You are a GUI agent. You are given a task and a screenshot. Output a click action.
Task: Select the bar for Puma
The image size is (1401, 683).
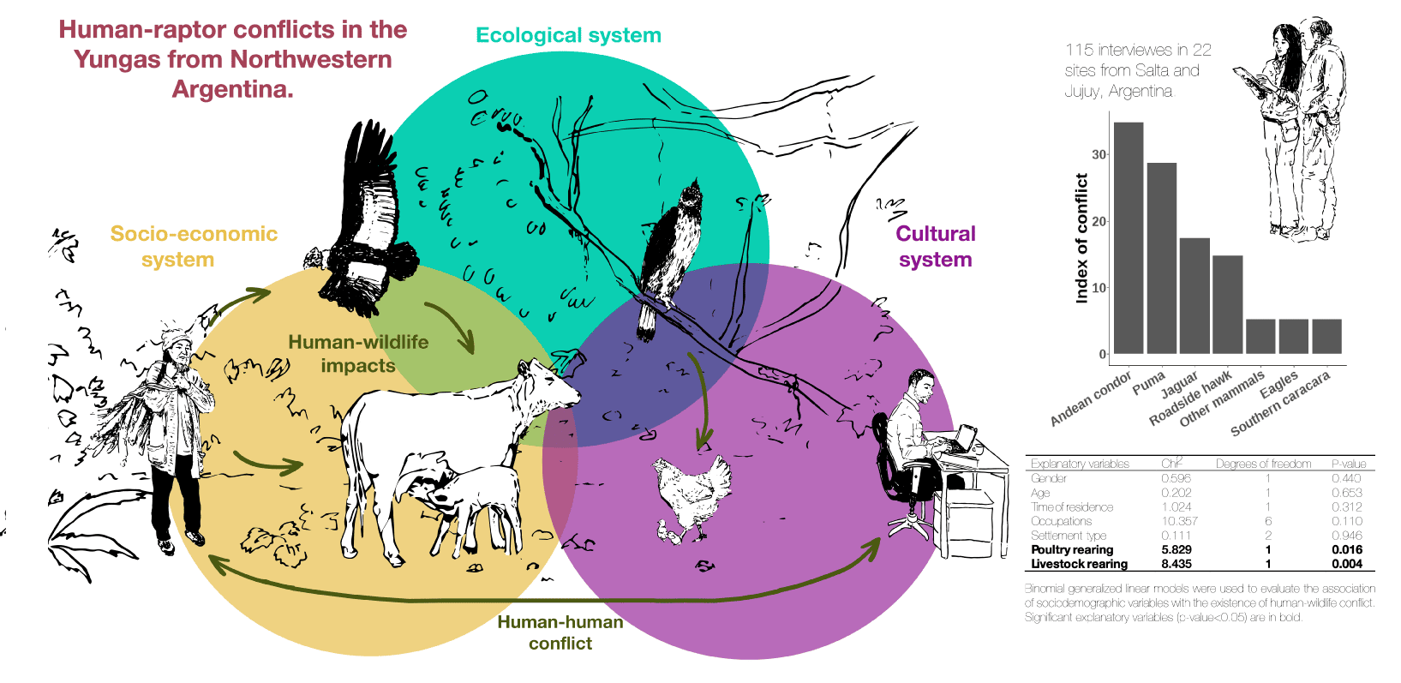tap(1161, 258)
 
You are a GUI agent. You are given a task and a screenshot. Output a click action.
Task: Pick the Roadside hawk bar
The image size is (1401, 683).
tap(1227, 304)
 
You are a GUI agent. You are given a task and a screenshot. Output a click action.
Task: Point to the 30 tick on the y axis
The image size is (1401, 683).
tap(1099, 155)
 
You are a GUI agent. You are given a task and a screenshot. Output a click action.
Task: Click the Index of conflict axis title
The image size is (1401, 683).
tap(1081, 238)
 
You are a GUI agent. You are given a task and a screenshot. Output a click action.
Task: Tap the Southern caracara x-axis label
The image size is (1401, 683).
tap(1282, 403)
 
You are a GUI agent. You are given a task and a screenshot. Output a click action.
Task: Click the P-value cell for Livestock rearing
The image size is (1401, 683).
tap(1347, 564)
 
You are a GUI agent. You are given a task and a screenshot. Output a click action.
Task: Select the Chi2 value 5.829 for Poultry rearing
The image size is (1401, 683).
tap(1176, 549)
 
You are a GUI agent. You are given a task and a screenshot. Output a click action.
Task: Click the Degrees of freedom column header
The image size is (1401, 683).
tap(1263, 464)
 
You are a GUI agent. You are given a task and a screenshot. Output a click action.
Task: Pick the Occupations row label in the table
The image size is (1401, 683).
tap(1061, 521)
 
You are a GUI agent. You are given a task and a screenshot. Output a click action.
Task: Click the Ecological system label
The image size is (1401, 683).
tap(568, 35)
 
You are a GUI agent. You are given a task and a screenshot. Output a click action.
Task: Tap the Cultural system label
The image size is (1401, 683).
tap(935, 246)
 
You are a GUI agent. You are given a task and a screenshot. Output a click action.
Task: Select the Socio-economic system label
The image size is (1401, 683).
tap(194, 246)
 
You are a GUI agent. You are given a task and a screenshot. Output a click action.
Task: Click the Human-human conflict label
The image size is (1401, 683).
tap(560, 632)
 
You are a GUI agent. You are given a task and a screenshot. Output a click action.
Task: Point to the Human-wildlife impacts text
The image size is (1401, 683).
tap(358, 353)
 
